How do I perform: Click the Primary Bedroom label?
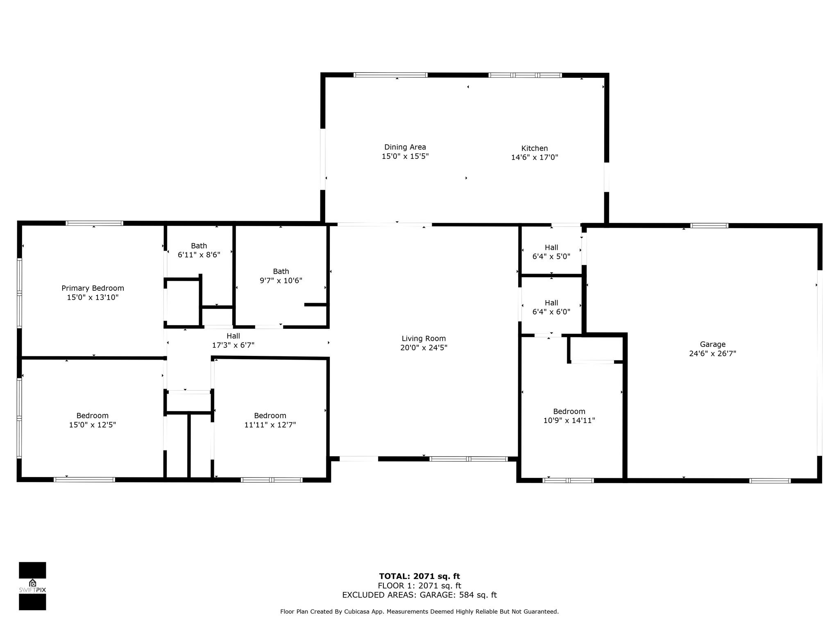(93, 288)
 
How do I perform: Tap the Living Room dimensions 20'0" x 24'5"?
(424, 348)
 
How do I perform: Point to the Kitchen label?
(534, 148)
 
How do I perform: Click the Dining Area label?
(405, 147)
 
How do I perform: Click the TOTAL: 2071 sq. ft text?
(419, 577)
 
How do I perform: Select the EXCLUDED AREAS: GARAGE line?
(419, 595)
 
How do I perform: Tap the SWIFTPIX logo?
(32, 586)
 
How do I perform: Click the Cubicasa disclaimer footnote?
(419, 612)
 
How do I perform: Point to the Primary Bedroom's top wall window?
(94, 223)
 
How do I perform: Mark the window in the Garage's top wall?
(709, 225)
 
